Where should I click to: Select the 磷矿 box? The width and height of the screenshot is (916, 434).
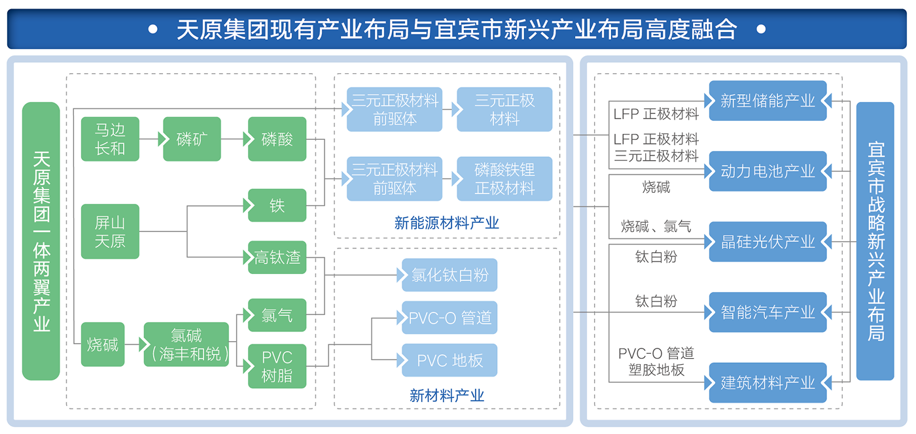[x=192, y=139]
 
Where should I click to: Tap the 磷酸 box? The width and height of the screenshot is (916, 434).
[x=277, y=139]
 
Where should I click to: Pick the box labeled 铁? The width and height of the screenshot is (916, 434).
[x=277, y=205]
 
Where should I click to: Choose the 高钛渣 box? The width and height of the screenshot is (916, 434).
[x=277, y=258]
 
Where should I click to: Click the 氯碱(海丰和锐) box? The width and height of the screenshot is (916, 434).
[x=186, y=344]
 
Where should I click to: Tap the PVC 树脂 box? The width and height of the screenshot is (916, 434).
[x=277, y=366]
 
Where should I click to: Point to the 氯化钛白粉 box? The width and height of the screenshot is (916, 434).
[x=449, y=275]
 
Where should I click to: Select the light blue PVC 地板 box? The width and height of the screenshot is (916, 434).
[x=449, y=360]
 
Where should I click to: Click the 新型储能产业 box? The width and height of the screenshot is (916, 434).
[x=767, y=101]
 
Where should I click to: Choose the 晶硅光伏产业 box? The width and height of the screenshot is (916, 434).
[x=767, y=242]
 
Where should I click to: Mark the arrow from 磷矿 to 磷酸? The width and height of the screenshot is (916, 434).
[x=234, y=139]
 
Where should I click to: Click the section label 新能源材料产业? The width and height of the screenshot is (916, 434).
[x=446, y=224]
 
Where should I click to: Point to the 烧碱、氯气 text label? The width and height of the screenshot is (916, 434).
[x=656, y=227]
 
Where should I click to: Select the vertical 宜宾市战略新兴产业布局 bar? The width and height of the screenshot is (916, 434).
[x=875, y=241]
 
